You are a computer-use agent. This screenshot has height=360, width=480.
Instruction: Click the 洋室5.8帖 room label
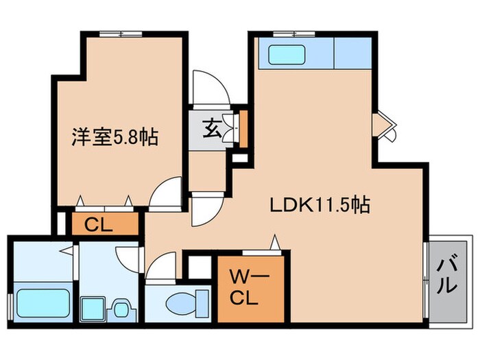(116, 138)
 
